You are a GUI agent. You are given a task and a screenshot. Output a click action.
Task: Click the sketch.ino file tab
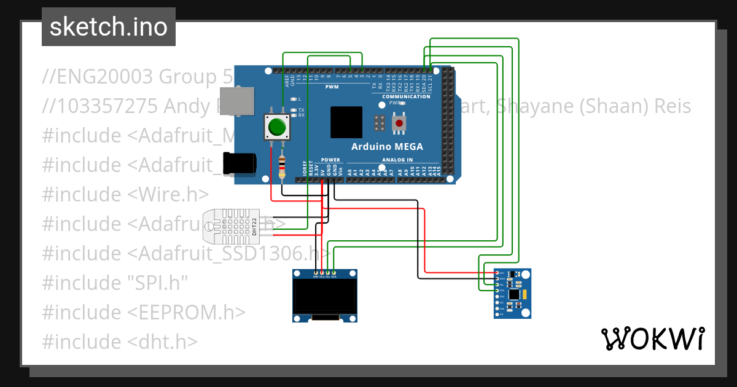[108, 27]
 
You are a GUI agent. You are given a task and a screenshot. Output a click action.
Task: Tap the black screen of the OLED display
[326, 297]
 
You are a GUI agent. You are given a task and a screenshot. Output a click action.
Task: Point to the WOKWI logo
[652, 338]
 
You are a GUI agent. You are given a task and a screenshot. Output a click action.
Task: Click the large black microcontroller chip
[346, 122]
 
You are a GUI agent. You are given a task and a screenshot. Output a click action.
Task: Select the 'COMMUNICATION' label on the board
[406, 96]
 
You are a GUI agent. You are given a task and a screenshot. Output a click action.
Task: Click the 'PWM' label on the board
[332, 87]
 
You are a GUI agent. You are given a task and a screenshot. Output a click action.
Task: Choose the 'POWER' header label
[330, 160]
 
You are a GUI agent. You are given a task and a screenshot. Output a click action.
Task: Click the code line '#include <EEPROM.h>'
[144, 312]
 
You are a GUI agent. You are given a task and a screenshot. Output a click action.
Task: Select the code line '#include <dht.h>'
[120, 342]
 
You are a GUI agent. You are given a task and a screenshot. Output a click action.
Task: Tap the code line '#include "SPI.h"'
[115, 283]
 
